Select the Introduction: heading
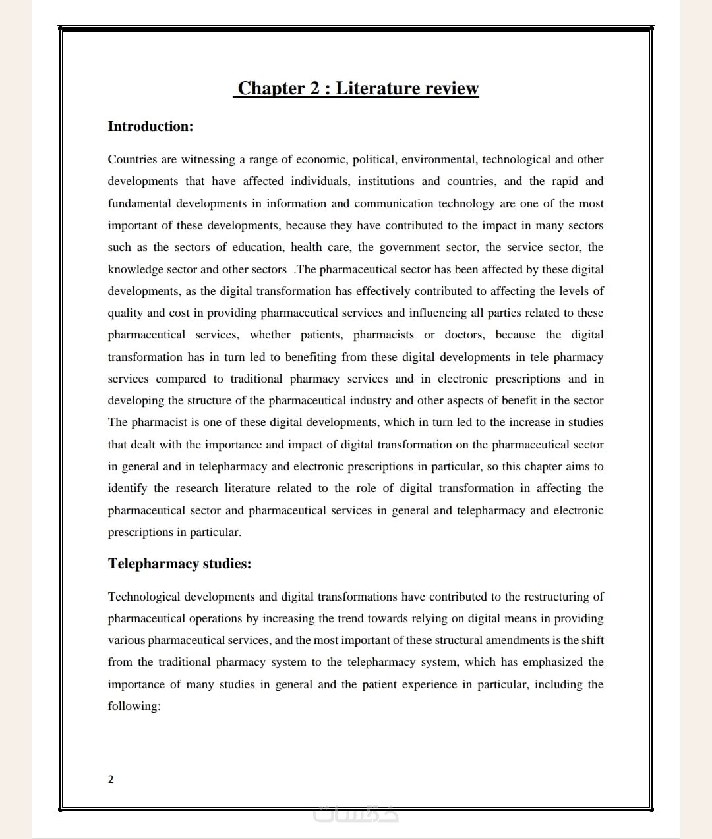[150, 126]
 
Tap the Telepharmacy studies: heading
[179, 564]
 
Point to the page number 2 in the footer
[111, 780]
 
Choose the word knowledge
[135, 269]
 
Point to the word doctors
[464, 335]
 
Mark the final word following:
[134, 706]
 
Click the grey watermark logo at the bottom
[356, 815]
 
